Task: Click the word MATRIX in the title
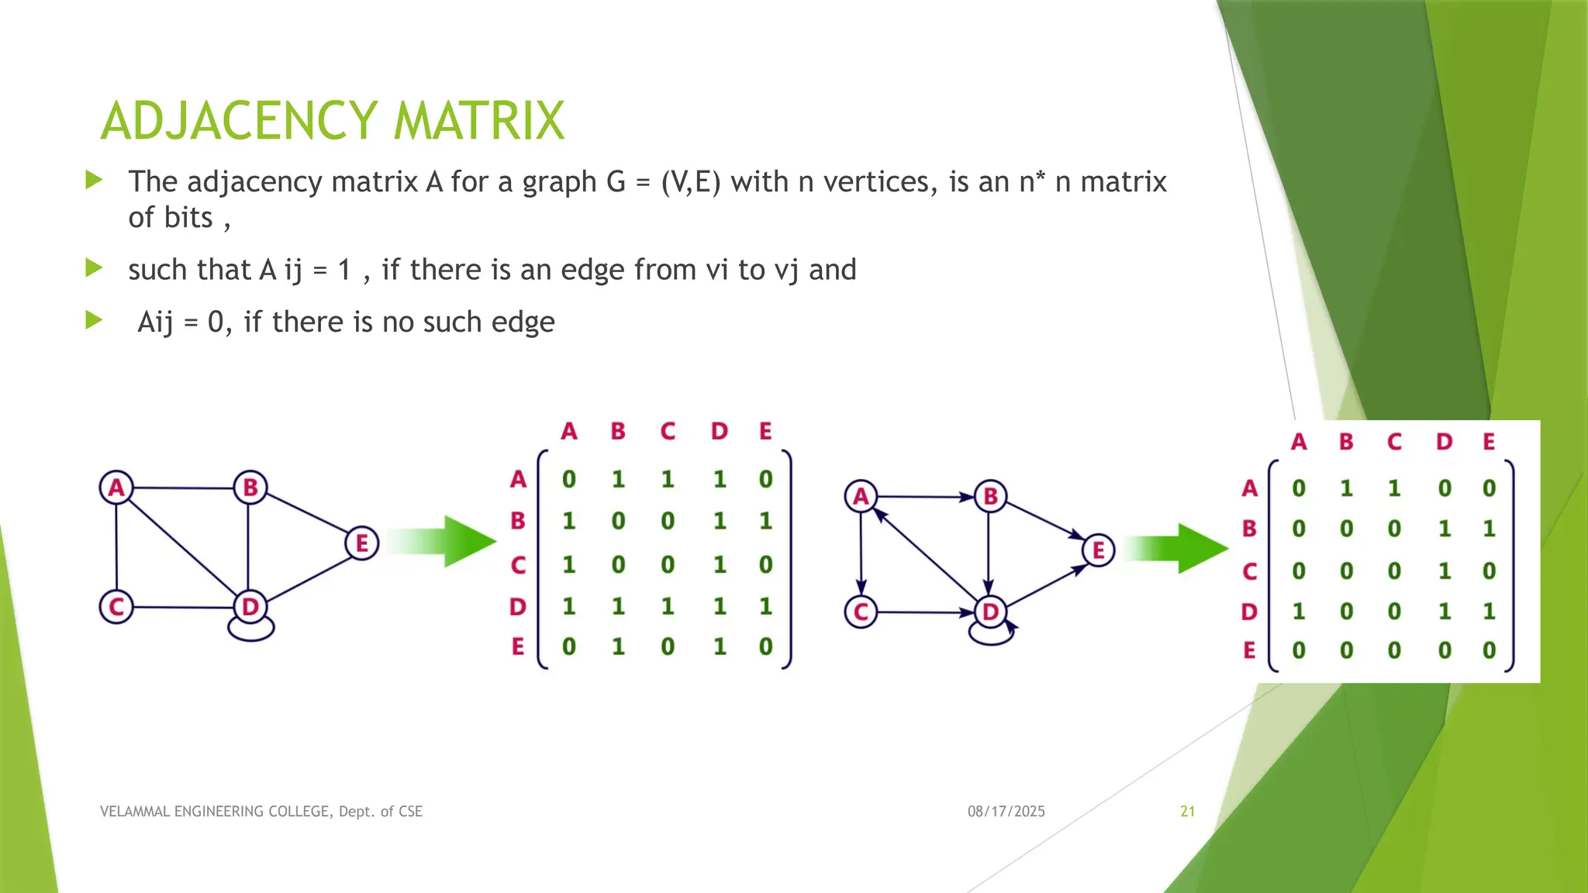pyautogui.click(x=478, y=122)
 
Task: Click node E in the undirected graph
pyautogui.click(x=361, y=543)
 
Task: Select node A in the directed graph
pyautogui.click(x=861, y=496)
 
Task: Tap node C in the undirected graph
pyautogui.click(x=116, y=606)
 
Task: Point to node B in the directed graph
pyautogui.click(x=990, y=496)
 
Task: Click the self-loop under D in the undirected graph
pyautogui.click(x=250, y=629)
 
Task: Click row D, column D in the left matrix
pyautogui.click(x=720, y=606)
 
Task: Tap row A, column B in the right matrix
pyautogui.click(x=1346, y=488)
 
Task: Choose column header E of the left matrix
pyautogui.click(x=765, y=431)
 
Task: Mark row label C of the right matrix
pyautogui.click(x=1249, y=571)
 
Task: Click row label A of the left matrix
pyautogui.click(x=518, y=480)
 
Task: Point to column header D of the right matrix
pyautogui.click(x=1443, y=442)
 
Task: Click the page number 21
pyautogui.click(x=1187, y=812)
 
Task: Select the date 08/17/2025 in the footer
pyautogui.click(x=1006, y=812)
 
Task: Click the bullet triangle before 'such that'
pyautogui.click(x=94, y=269)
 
